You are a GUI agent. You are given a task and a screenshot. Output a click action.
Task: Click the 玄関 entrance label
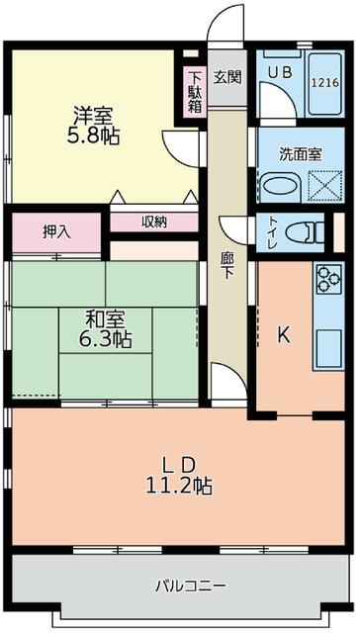pyautogui.click(x=226, y=78)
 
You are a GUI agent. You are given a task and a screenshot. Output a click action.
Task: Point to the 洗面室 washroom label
pyautogui.click(x=299, y=154)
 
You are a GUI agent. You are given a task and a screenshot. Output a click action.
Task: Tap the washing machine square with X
pyautogui.click(x=321, y=184)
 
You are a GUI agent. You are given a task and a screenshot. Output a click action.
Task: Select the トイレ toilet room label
pyautogui.click(x=269, y=232)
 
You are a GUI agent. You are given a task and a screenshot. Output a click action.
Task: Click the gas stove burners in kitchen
pyautogui.click(x=327, y=281)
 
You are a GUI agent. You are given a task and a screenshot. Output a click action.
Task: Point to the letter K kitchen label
pyautogui.click(x=283, y=334)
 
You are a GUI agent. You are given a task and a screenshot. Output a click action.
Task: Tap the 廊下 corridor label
pyautogui.click(x=226, y=266)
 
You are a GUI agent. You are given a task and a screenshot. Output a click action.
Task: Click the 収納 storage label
pyautogui.click(x=153, y=222)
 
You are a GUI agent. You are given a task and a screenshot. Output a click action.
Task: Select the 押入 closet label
pyautogui.click(x=56, y=232)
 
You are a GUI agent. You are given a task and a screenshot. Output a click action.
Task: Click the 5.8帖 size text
pyautogui.click(x=93, y=136)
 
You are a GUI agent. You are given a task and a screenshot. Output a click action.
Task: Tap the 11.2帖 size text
pyautogui.click(x=179, y=486)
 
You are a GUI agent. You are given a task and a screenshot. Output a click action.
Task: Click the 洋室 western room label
pyautogui.click(x=93, y=113)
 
